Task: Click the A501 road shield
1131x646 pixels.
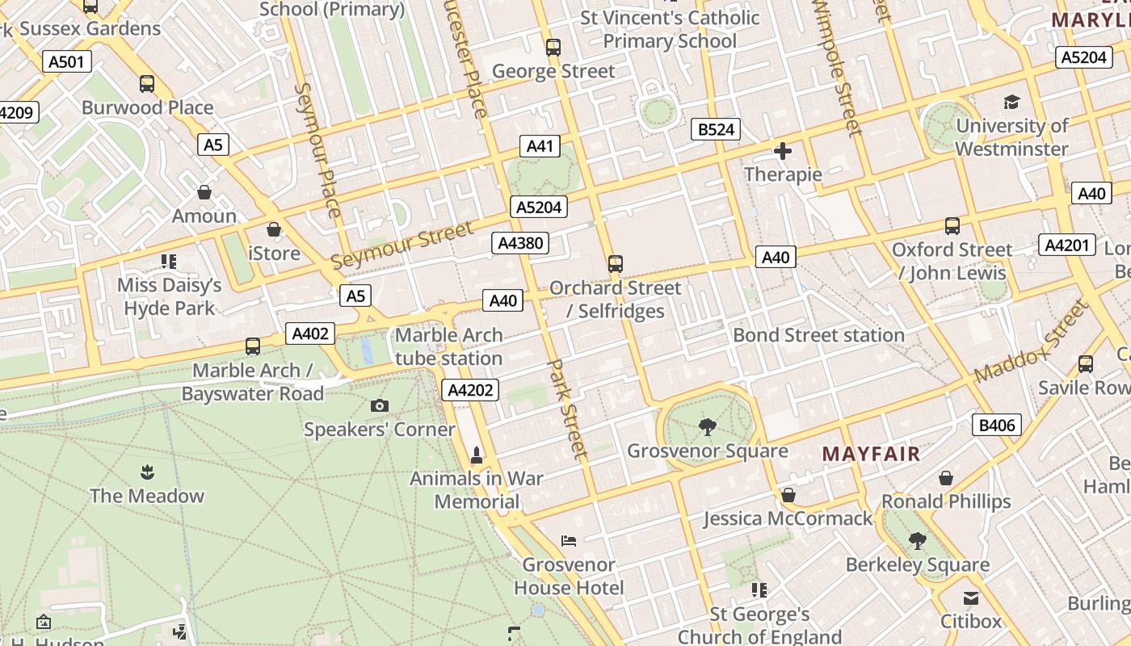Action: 67,62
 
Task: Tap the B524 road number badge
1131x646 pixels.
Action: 716,129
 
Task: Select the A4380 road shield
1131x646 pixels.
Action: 520,243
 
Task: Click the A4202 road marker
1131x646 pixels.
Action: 471,391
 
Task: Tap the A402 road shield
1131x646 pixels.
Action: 309,333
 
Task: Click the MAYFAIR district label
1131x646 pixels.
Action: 871,454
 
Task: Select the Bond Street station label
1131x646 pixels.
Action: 818,335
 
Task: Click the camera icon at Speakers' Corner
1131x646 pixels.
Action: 380,405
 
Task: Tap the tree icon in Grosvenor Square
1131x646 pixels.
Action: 707,426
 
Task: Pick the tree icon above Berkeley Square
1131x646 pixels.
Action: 917,539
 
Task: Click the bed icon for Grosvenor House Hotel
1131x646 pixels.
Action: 569,540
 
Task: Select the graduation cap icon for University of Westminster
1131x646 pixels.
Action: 1011,102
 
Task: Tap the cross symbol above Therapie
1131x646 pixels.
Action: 782,151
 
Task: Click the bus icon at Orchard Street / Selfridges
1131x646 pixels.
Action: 616,263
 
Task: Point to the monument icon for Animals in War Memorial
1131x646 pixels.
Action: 477,455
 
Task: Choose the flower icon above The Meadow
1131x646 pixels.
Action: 147,472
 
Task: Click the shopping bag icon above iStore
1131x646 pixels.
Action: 274,229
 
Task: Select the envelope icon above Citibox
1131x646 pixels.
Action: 970,598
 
